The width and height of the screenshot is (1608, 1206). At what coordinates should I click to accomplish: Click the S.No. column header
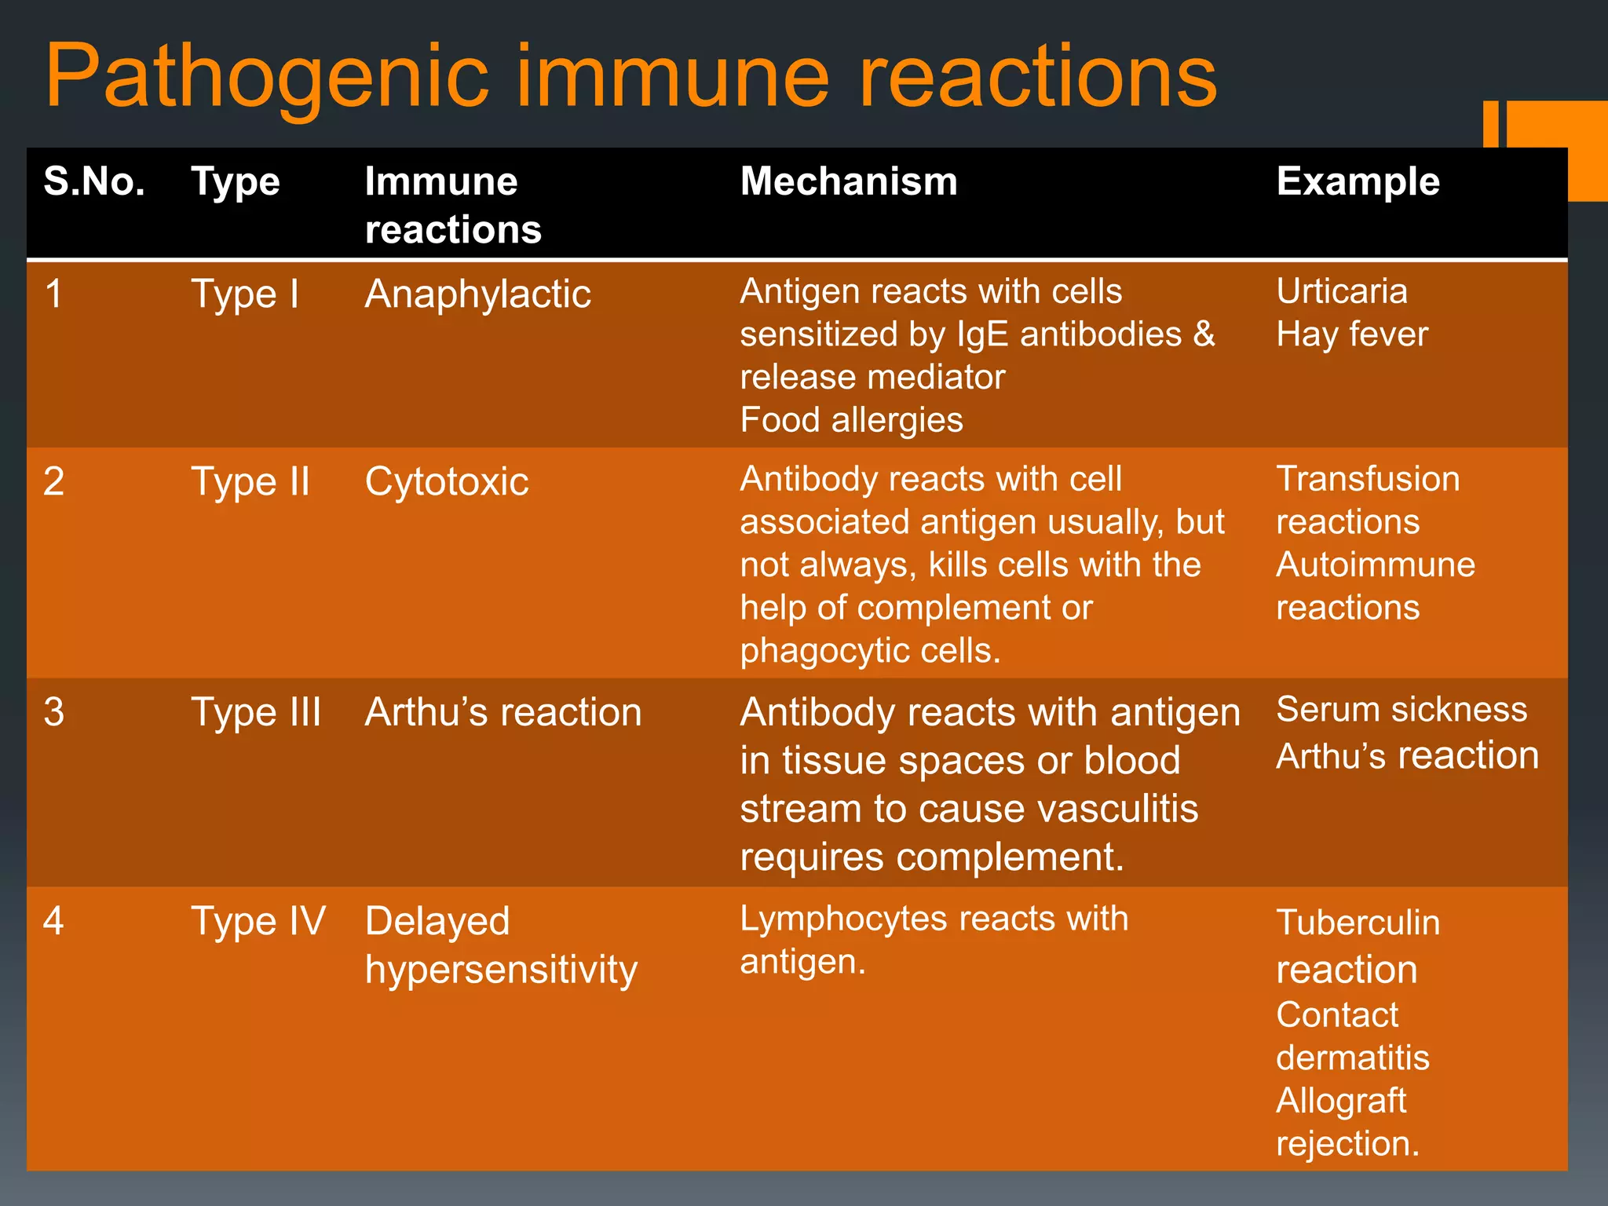click(x=94, y=182)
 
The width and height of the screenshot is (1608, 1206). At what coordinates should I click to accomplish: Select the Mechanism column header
click(x=849, y=182)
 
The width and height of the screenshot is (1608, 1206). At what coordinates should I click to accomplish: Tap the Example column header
click(x=1358, y=182)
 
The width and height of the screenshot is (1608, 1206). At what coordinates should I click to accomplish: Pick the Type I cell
click(x=245, y=295)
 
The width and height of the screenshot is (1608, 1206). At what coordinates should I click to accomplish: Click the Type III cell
click(x=256, y=713)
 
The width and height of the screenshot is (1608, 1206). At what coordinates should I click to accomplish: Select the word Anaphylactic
click(x=477, y=295)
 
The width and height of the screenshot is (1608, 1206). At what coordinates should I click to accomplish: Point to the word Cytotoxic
click(x=447, y=482)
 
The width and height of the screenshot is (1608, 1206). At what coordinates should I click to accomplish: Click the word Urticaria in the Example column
click(x=1342, y=292)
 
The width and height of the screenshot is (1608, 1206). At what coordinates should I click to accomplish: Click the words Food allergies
click(x=851, y=420)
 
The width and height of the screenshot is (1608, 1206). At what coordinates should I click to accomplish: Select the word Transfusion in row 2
click(x=1368, y=479)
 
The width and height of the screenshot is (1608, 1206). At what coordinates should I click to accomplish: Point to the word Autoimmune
click(x=1376, y=565)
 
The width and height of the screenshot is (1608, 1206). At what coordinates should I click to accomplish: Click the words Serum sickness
click(x=1402, y=710)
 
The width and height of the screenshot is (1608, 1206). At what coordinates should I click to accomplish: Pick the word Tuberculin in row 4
click(x=1358, y=923)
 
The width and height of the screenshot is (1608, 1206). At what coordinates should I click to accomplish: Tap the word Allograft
click(x=1341, y=1101)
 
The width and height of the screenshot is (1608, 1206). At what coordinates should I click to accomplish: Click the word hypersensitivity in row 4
click(x=501, y=970)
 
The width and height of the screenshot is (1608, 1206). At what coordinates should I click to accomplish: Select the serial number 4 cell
click(x=53, y=921)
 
